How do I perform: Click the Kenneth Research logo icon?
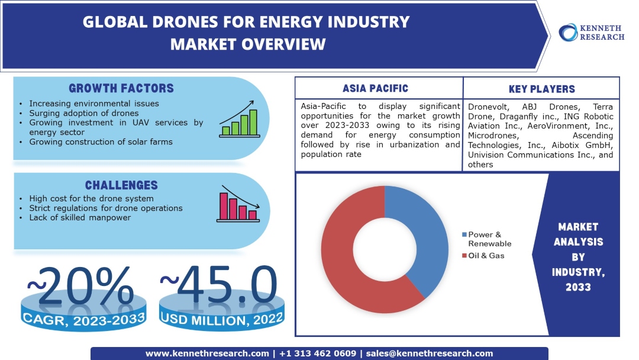coord(569,32)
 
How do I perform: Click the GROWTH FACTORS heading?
coord(121,89)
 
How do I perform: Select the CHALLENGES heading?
coord(121,185)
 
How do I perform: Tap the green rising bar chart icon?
coord(238,123)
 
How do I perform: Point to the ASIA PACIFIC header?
coord(379,88)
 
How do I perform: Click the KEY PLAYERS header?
coord(541,89)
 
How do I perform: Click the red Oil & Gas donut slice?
coord(343,261)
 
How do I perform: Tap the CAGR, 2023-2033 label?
coord(84,319)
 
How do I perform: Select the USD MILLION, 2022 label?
coord(221,319)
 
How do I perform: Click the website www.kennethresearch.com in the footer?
coord(207,353)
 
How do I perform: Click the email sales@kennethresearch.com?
coord(430,353)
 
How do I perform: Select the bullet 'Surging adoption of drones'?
coord(83,113)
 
